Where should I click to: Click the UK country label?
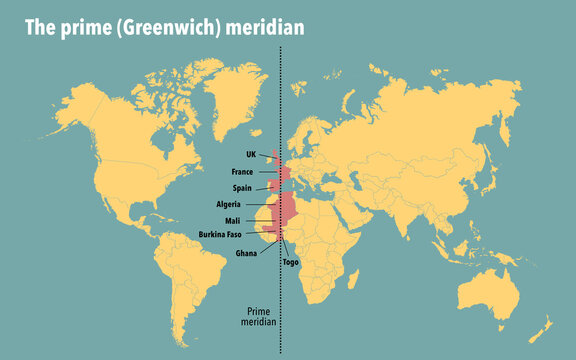pos(251,154)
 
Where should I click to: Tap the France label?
pos(242,171)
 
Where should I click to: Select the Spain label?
pos(242,187)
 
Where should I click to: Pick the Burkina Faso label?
pos(219,234)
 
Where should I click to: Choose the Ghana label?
pos(246,253)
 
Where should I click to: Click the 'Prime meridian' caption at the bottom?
pos(259,317)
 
